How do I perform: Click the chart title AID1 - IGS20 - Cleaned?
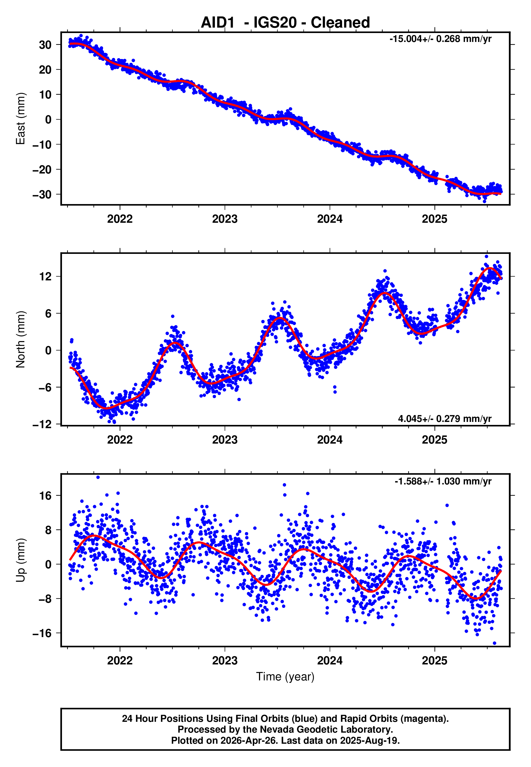(285, 23)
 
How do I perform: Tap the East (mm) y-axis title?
(21, 119)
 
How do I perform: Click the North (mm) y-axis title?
(21, 339)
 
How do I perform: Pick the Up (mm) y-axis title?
(21, 560)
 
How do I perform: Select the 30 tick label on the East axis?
(45, 45)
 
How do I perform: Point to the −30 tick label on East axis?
(42, 195)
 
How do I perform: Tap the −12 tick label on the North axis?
(42, 425)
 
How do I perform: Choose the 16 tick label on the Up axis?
(45, 496)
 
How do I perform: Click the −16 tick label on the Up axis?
(42, 633)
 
